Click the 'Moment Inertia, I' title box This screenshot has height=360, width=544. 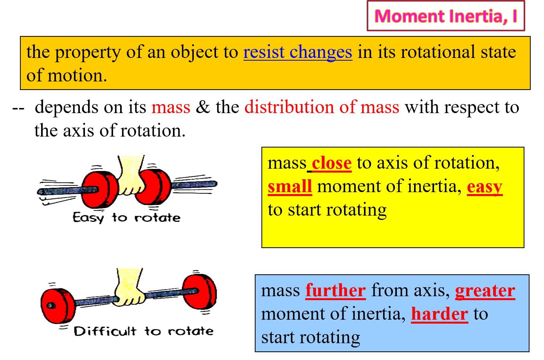tap(446, 16)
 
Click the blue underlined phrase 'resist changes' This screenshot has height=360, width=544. tap(297, 52)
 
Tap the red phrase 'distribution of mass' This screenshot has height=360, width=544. tap(322, 107)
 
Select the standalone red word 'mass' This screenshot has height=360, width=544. tap(171, 107)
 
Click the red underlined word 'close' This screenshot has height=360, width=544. tap(331, 163)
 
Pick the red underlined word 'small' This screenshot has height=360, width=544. tap(290, 187)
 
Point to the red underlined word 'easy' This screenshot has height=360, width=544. tap(485, 187)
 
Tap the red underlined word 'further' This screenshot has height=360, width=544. tap(335, 291)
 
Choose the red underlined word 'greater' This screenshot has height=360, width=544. tap(485, 291)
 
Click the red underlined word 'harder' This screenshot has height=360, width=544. tap(440, 314)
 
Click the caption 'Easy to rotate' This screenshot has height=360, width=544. tap(126, 218)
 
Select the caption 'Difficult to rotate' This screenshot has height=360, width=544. tap(144, 331)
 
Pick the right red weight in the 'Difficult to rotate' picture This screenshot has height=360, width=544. tap(200, 292)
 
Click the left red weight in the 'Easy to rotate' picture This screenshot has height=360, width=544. tap(100, 189)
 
